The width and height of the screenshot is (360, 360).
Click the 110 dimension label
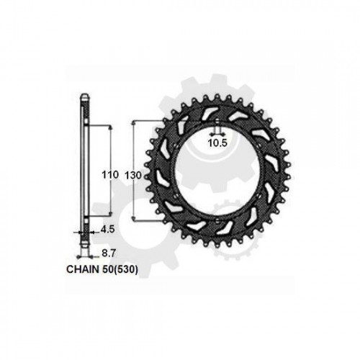[x=110, y=175]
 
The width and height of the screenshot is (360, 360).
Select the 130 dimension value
[x=133, y=176]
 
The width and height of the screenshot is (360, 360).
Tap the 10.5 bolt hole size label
[x=217, y=143]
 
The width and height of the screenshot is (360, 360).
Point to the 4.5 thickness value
[x=107, y=230]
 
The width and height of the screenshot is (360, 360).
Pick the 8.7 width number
[x=109, y=253]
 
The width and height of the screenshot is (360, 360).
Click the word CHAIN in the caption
[x=83, y=269]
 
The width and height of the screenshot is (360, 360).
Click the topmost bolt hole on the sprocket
[x=217, y=122]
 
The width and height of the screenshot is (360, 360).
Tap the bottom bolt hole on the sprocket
[x=217, y=220]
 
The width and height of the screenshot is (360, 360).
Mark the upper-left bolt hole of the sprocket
[x=175, y=146]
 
